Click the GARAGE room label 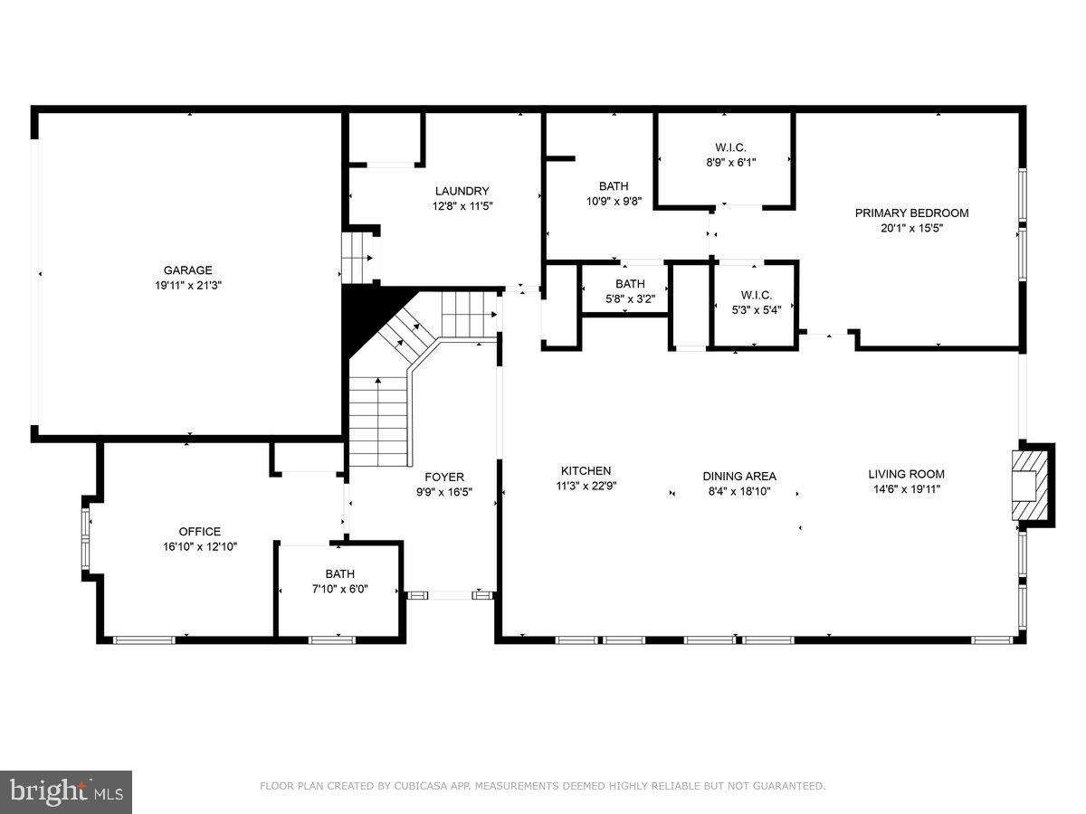[187, 270]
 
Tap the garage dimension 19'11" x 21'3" [187, 284]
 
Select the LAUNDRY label [462, 191]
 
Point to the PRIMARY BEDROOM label [911, 213]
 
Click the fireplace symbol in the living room [1026, 487]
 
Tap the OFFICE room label [199, 532]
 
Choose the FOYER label [444, 478]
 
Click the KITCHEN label [586, 471]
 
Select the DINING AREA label [739, 477]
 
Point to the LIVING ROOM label [906, 474]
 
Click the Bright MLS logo [66, 791]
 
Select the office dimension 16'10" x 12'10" [199, 546]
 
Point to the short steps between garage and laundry [357, 258]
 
